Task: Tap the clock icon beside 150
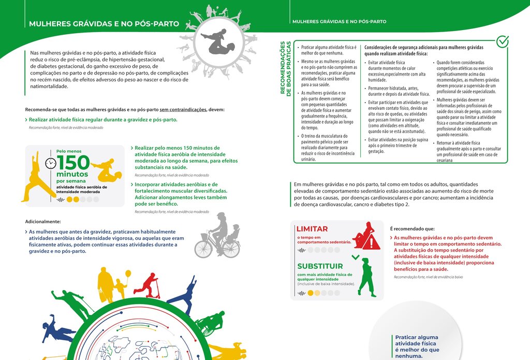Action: tap(50, 163)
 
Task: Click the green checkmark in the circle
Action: tap(502, 42)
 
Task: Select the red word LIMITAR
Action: tap(312, 229)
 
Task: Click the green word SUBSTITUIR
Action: tap(320, 266)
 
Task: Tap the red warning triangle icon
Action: tap(371, 242)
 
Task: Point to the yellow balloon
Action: tap(128, 273)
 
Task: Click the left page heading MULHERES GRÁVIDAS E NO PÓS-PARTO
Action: tap(104, 24)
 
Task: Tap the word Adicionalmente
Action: tap(43, 221)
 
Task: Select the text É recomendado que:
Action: tap(412, 228)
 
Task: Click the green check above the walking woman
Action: tap(355, 256)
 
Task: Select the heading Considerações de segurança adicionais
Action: tap(423, 50)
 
